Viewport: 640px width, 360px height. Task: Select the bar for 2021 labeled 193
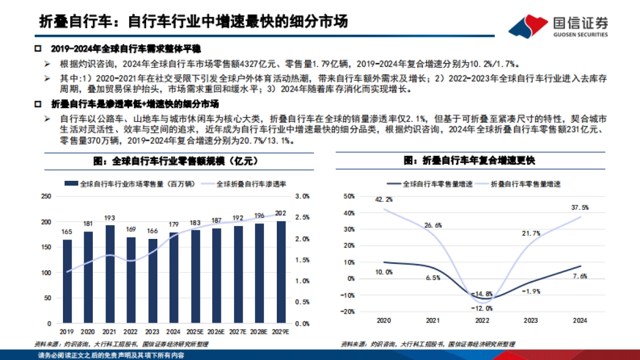(110, 274)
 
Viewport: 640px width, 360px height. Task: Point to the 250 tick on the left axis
(46, 196)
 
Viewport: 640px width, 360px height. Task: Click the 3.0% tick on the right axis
(302, 196)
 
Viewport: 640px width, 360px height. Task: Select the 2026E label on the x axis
(217, 332)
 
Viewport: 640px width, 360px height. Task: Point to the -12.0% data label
(482, 308)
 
